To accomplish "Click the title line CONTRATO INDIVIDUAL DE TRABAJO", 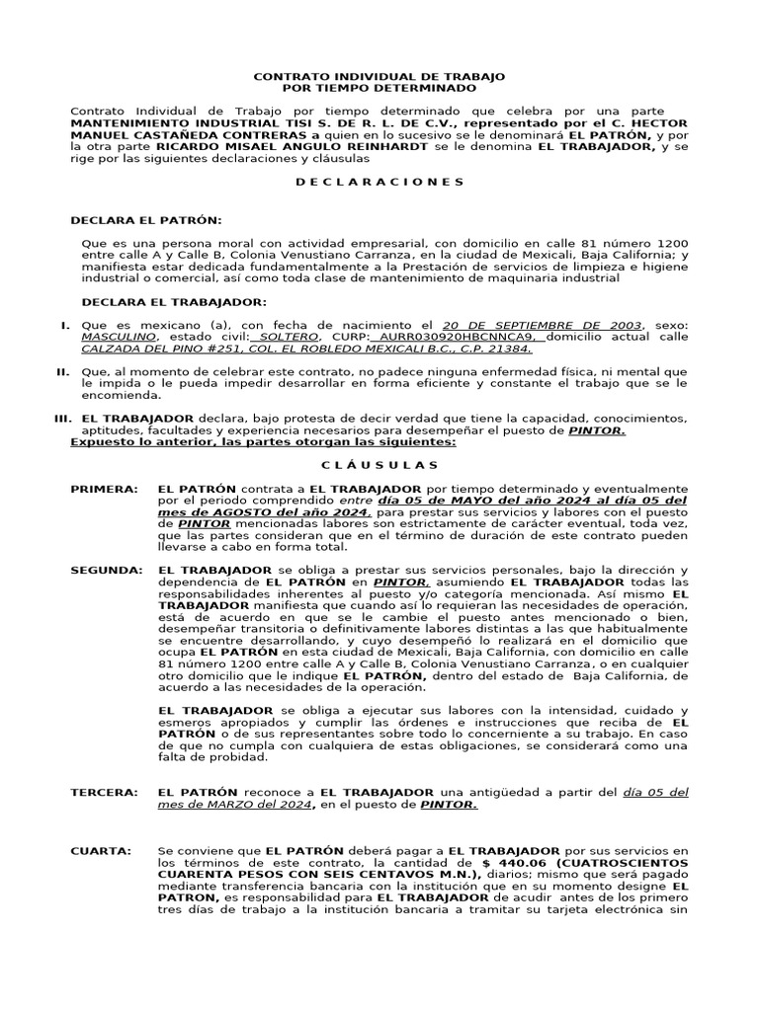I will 379,76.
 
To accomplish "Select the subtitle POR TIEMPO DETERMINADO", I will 379,88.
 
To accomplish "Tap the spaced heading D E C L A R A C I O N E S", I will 379,182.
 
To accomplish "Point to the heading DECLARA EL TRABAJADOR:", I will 173,301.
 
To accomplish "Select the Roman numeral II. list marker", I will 62,370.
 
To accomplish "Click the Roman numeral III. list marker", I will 62,419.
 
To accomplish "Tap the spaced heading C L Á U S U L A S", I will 379,465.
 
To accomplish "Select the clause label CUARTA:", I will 101,850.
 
